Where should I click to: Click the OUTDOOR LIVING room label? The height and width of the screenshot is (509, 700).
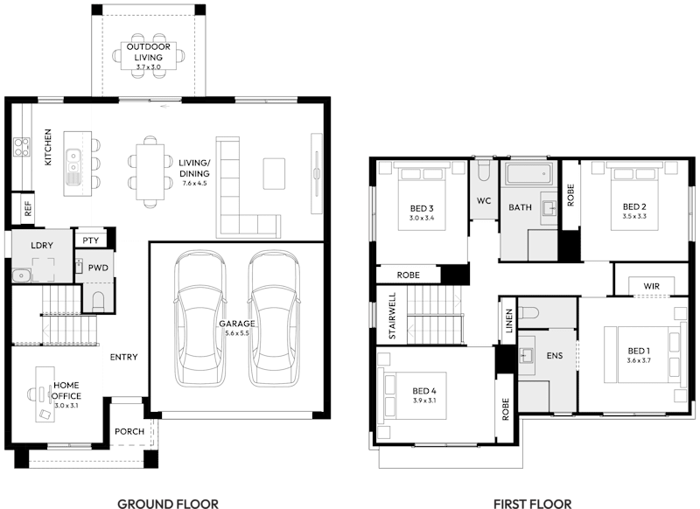click(148, 52)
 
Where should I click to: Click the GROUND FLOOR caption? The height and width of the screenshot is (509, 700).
click(167, 503)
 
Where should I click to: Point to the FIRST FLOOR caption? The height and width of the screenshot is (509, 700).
click(532, 503)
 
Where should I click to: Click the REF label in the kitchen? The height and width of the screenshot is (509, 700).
click(28, 209)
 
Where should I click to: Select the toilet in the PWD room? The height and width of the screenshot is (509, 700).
click(97, 302)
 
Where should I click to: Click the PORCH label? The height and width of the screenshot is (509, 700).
click(129, 432)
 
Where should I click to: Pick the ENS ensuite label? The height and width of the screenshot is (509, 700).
click(555, 356)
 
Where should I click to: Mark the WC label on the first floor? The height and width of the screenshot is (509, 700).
click(484, 200)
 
